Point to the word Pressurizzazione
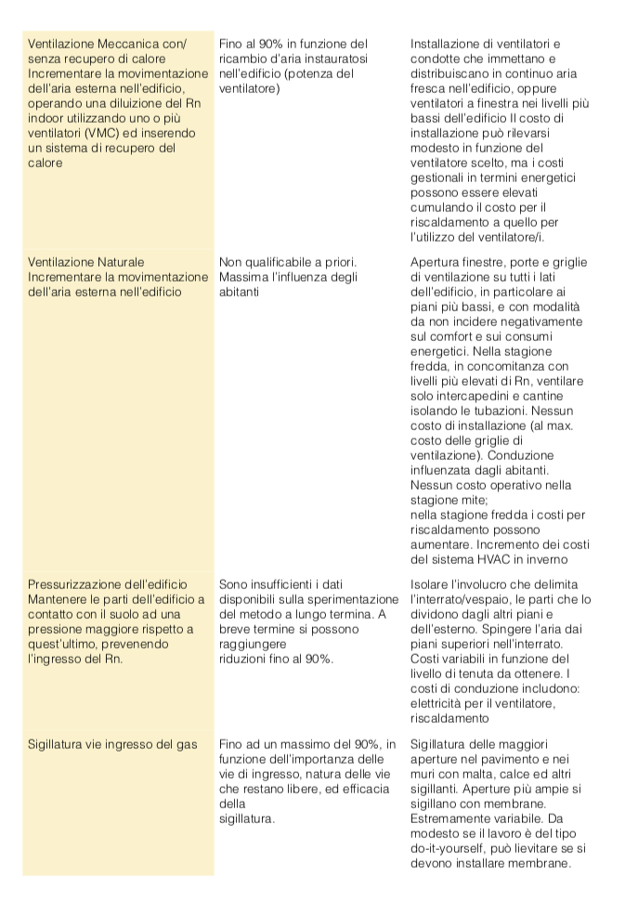(x=81, y=584)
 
